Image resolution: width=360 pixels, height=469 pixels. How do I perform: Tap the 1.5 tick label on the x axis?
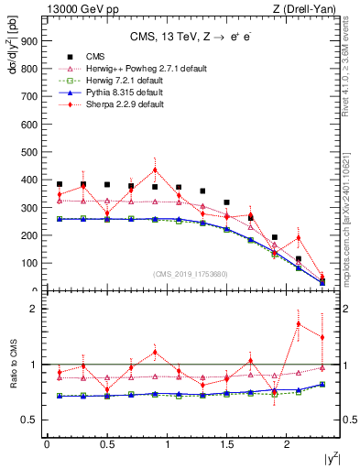pos(227,445)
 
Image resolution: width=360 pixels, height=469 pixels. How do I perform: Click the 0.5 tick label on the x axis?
pos(106,445)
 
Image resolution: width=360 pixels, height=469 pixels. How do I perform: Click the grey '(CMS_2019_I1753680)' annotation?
pos(191,274)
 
